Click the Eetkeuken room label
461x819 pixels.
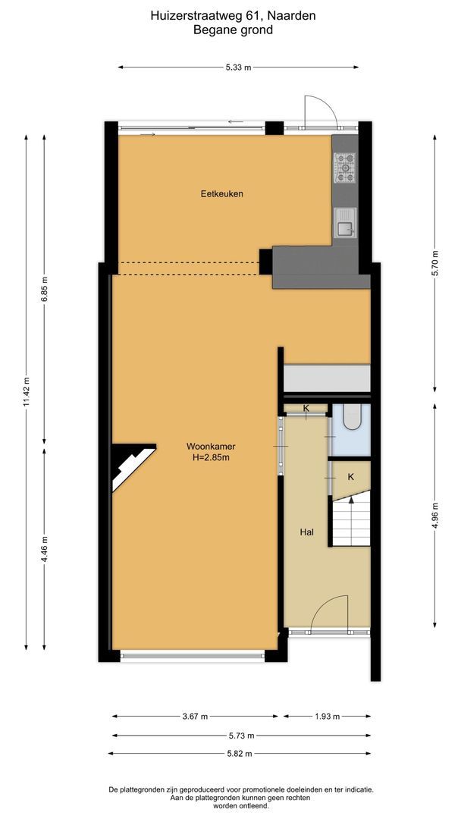[x=221, y=193]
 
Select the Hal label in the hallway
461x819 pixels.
[x=306, y=532]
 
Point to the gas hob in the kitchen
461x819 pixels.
[x=345, y=168]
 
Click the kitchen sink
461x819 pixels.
[x=345, y=223]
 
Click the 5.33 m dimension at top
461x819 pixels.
[x=238, y=67]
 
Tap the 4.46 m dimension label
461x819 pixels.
[x=45, y=548]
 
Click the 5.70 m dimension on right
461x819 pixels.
[x=434, y=262]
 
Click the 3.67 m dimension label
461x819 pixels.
[x=196, y=716]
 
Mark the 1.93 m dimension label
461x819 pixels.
[x=327, y=716]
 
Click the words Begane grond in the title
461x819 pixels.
[x=233, y=30]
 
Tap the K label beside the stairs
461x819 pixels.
[x=350, y=477]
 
